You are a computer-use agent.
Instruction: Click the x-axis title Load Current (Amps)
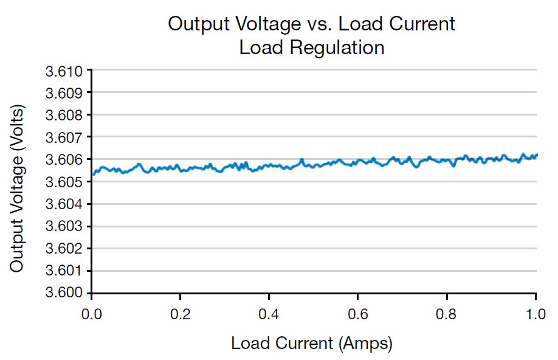click(x=312, y=344)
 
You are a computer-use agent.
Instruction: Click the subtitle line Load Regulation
click(x=312, y=48)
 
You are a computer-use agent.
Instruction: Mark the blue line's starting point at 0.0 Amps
click(x=92, y=175)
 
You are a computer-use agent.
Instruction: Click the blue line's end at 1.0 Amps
click(x=537, y=155)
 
